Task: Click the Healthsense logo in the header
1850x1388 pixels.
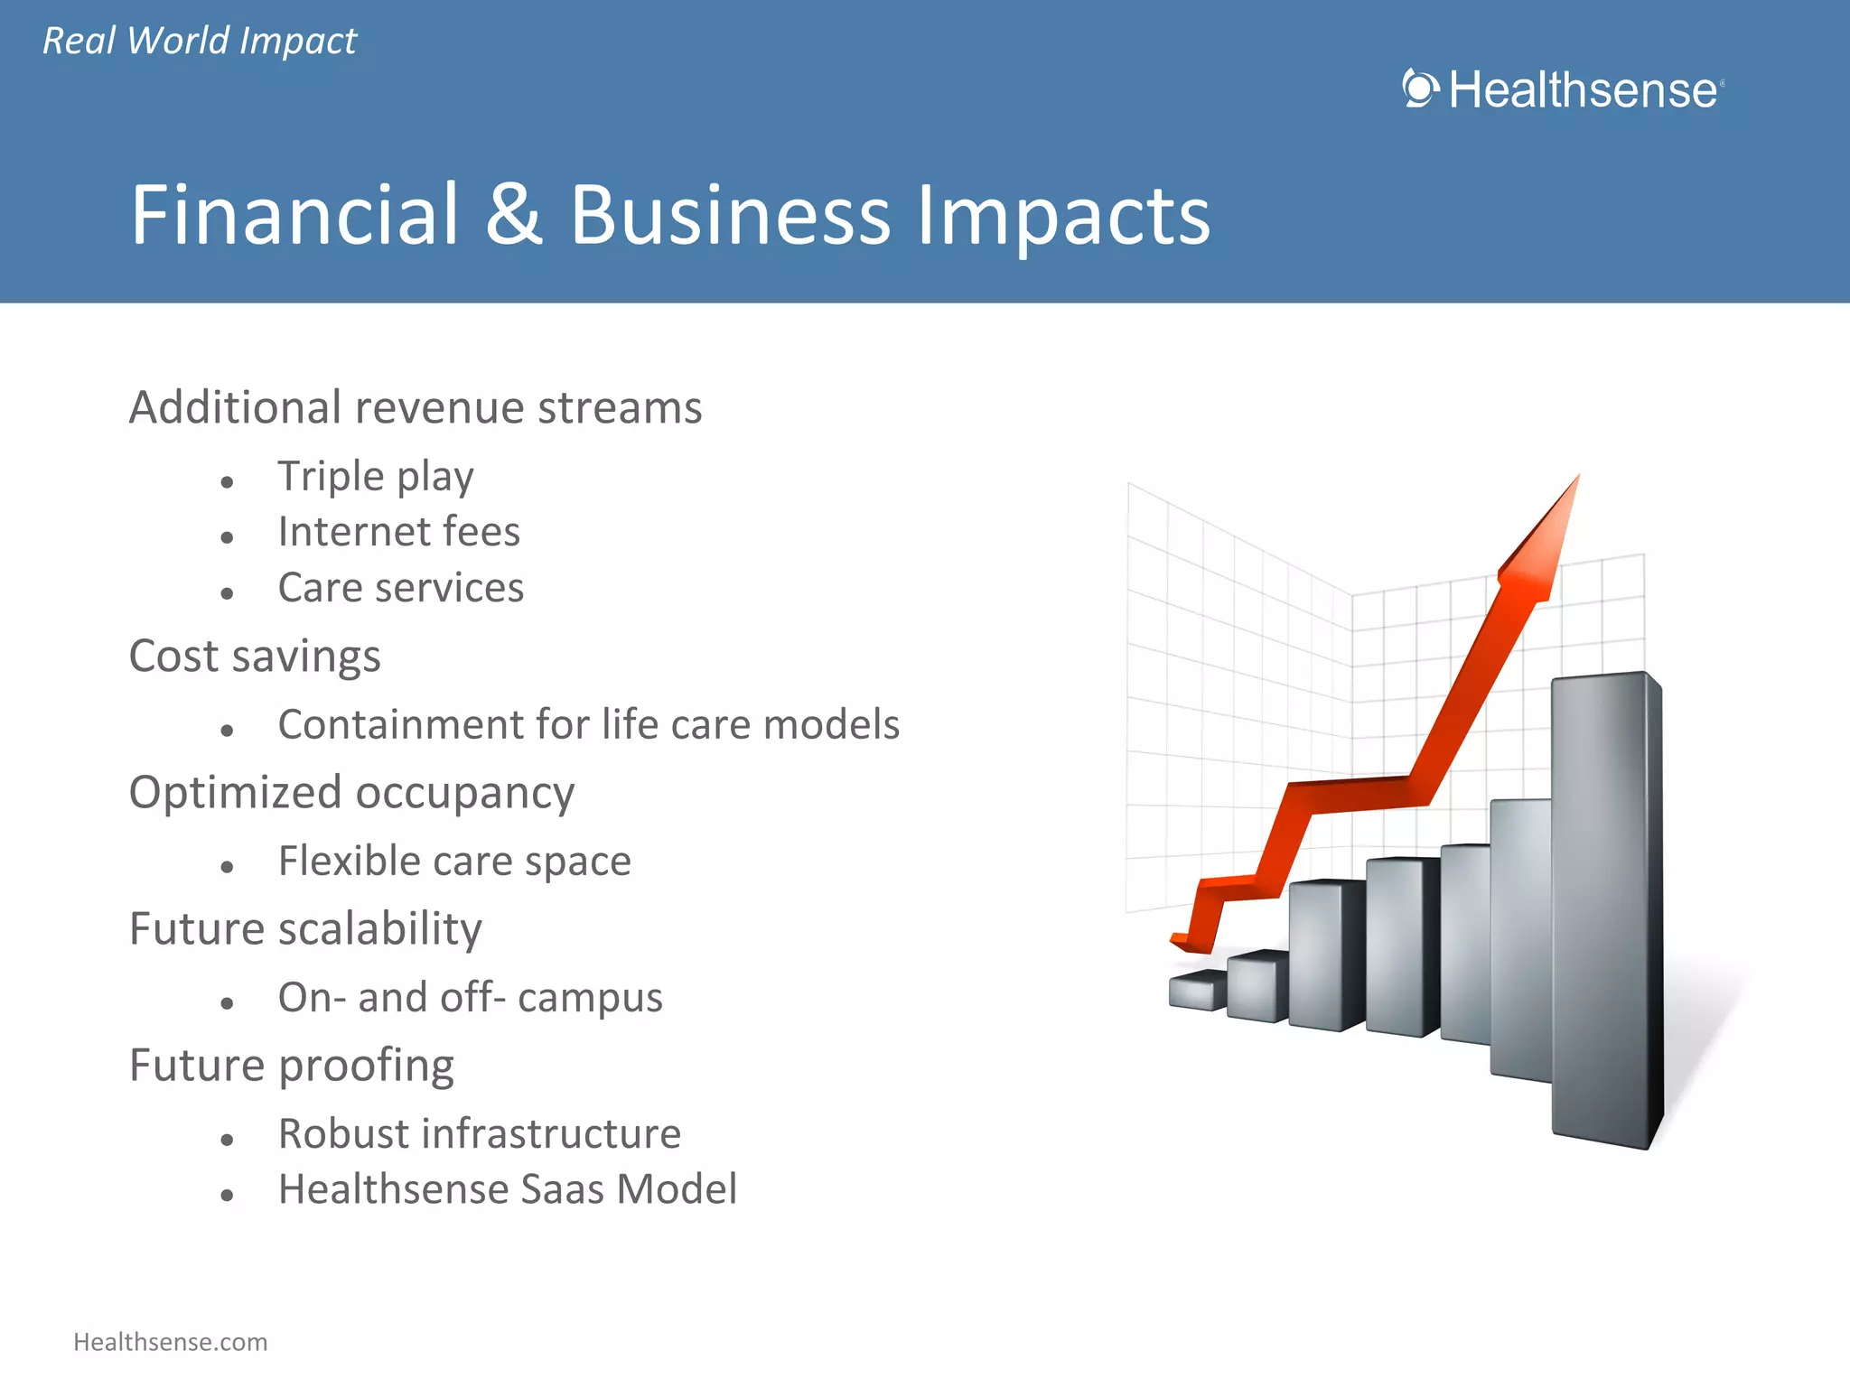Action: pos(1563,90)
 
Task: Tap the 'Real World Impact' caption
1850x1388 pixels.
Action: pos(200,42)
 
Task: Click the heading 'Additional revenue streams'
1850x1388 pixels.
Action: pos(415,407)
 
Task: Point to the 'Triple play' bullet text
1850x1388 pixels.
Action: pos(375,477)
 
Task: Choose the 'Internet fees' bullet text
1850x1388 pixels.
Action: pos(398,532)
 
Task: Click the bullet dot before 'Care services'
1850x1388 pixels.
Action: pos(227,593)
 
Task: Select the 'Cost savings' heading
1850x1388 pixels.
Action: pos(255,657)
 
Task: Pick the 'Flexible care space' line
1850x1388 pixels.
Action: pos(454,861)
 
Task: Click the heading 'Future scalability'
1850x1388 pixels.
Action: pos(305,929)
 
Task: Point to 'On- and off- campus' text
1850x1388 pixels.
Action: pos(470,998)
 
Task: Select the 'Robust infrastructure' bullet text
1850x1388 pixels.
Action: pos(479,1134)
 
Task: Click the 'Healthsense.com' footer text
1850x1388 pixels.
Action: pos(171,1342)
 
